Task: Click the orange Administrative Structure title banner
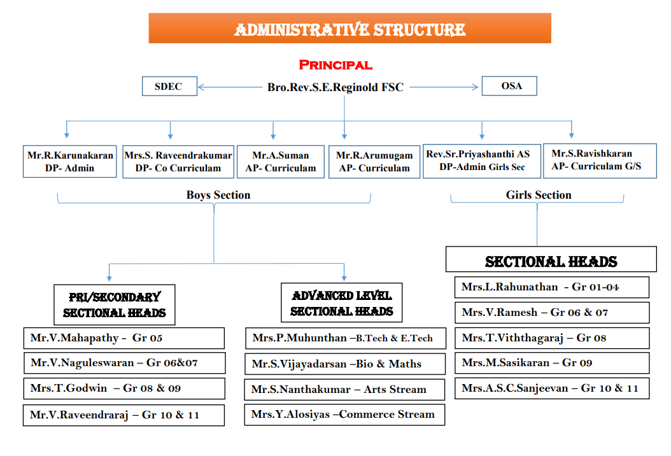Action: (350, 29)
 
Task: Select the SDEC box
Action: (169, 86)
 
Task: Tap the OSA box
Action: (510, 85)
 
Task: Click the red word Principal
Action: (335, 65)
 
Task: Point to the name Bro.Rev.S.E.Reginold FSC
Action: (335, 87)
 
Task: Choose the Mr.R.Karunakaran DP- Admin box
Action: (70, 162)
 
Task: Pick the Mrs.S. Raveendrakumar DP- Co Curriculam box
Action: (178, 162)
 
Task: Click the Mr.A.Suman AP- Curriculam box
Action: (281, 162)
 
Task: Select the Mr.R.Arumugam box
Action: (374, 162)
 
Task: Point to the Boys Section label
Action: (218, 195)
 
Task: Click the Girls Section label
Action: (539, 195)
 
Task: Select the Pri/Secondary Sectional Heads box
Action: (115, 304)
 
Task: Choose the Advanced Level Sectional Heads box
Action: (342, 303)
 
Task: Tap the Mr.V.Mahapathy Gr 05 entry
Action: (124, 338)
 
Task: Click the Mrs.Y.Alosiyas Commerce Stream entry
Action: (344, 415)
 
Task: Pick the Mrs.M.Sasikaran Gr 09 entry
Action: (552, 363)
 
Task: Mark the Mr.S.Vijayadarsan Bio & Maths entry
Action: (344, 364)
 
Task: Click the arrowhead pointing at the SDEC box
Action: (201, 87)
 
